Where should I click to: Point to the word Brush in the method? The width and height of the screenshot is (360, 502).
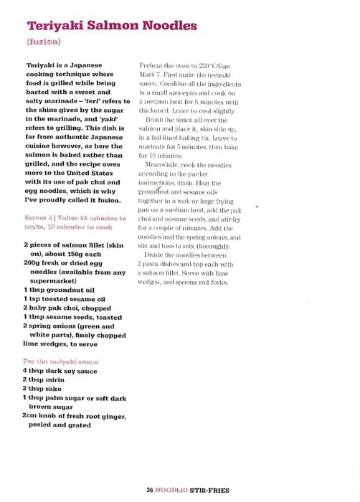click(156, 120)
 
